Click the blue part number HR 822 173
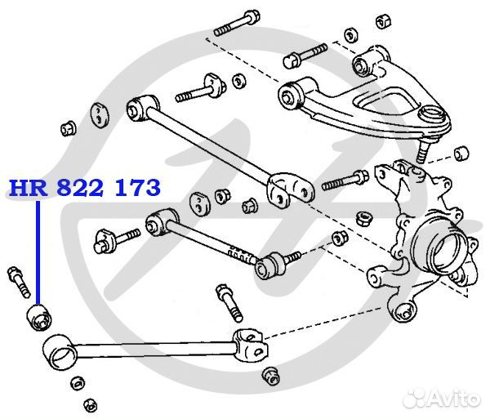tap(85, 188)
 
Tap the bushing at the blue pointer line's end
tap(39, 318)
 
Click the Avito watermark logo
tap(442, 399)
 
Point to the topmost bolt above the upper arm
tap(237, 23)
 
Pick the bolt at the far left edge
tap(19, 282)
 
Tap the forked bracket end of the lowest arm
tap(251, 345)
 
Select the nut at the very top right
tap(384, 21)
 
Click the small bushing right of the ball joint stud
tap(461, 153)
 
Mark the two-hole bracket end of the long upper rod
tap(290, 188)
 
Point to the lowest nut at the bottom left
tap(91, 405)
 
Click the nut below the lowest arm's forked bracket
tap(270, 377)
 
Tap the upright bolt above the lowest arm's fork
tap(229, 302)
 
